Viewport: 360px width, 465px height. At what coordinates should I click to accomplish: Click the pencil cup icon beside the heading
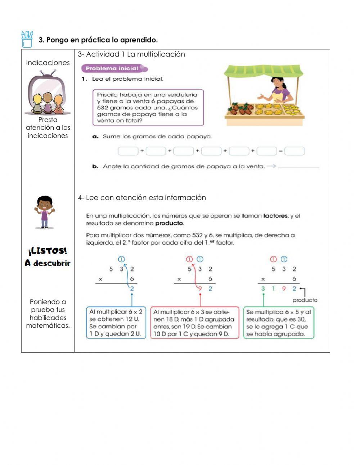pos(27,39)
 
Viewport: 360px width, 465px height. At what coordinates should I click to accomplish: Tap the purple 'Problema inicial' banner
pos(114,68)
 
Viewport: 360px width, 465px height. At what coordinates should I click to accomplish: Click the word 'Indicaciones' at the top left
pos(48,63)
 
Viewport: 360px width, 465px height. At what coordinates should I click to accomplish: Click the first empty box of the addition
pos(128,151)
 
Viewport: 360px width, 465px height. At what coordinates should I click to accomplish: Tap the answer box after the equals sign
pos(294,151)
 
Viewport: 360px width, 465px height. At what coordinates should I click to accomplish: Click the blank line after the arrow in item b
pos(299,167)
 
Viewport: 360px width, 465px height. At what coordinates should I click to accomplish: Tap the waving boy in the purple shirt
pos(44,212)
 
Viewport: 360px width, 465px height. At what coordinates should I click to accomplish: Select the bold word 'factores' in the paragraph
pos(275,216)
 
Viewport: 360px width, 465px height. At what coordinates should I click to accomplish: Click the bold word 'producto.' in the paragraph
pos(170,223)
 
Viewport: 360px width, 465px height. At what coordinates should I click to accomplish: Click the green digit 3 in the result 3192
pos(263,289)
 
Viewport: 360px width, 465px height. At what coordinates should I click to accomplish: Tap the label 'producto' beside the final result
pos(305,300)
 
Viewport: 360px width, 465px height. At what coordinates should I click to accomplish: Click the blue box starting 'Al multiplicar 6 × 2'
pos(116,323)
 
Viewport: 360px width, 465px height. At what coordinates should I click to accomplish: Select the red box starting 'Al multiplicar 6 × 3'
pos(194,323)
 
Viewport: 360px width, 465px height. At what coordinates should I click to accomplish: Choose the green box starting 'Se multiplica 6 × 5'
pos(278,323)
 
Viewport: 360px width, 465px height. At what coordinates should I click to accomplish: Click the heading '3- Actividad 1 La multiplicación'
pos(131,54)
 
